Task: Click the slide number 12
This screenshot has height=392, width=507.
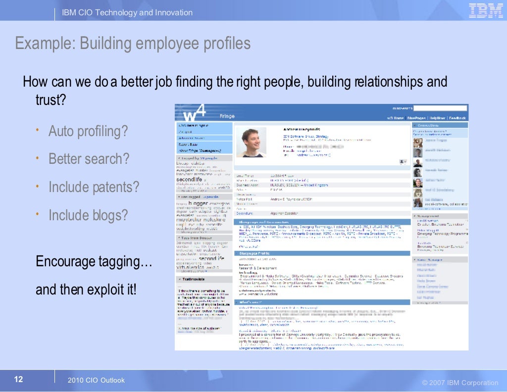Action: coord(18,380)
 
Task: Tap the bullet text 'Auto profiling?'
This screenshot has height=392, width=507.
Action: coord(88,132)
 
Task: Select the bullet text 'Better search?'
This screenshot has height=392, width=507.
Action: coord(89,159)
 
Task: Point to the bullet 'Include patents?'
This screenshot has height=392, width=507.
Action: coord(94,188)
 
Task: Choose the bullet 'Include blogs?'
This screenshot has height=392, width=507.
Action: coord(88,215)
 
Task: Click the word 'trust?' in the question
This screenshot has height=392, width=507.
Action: coord(51,100)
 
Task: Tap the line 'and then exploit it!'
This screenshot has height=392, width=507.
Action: coord(86,290)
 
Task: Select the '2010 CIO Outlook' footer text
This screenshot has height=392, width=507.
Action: coord(96,380)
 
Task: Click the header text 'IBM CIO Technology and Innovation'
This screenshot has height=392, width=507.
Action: coord(127,12)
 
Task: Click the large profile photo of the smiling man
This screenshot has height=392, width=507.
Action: coord(251,142)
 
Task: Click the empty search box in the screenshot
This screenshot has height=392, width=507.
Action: coord(440,108)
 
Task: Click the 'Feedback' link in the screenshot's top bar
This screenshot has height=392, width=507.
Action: coord(457,118)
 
